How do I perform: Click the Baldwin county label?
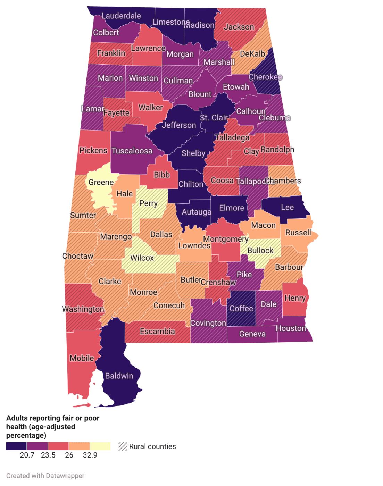coord(119,376)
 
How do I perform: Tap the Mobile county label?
coord(82,358)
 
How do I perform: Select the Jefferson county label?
coord(179,125)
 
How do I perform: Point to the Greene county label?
coord(101,182)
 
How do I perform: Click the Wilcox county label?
coord(142,258)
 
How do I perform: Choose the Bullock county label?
coord(260,251)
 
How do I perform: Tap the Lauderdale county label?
coord(121,16)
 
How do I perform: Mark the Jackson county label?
coord(239,27)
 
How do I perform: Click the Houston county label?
coord(291,328)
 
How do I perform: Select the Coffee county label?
coord(241,309)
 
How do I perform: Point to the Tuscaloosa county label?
coord(132,151)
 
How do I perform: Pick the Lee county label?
coord(287,207)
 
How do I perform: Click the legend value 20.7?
coord(27,455)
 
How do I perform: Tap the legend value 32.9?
coord(90,455)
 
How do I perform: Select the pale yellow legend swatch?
coord(100,446)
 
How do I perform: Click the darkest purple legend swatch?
coord(16,446)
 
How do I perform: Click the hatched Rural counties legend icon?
coord(123,446)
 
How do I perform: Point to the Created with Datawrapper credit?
coord(45,476)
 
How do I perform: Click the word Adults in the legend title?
coord(16,418)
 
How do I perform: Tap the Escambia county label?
coord(157,332)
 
